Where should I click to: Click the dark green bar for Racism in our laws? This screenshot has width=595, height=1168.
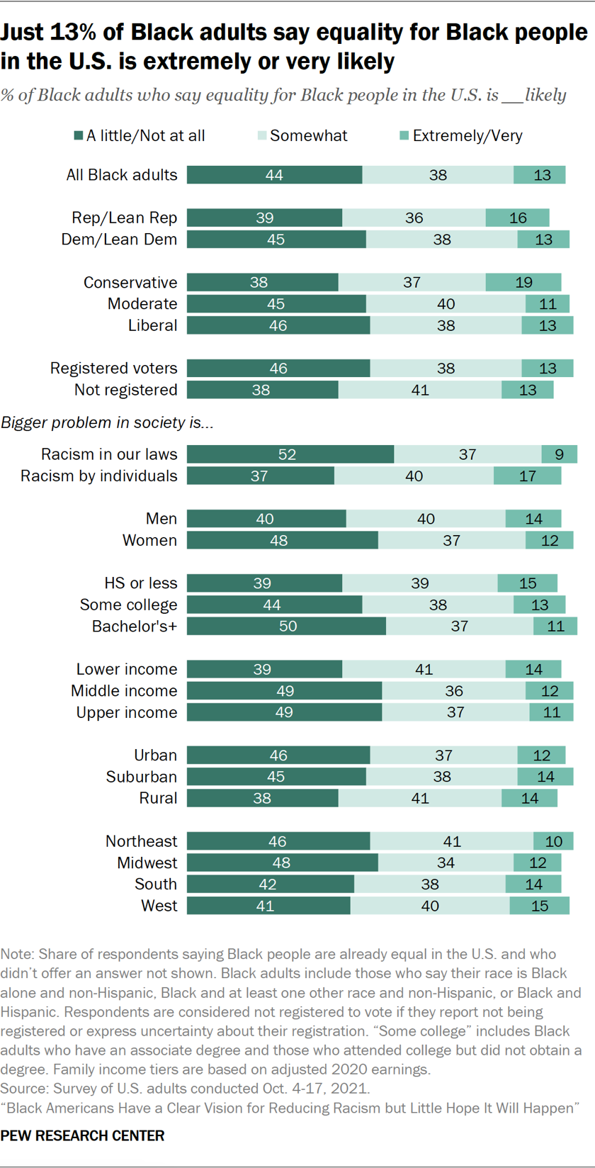coord(290,454)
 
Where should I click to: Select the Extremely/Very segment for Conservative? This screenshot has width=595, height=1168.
coord(523,282)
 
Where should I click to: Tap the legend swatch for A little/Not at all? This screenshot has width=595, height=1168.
coord(78,135)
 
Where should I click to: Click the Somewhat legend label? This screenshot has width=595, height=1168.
coord(309,135)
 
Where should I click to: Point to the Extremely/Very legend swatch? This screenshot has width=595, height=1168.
coord(404,135)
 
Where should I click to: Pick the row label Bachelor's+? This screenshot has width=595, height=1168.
coord(135,626)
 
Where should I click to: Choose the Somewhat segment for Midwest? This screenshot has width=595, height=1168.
coord(446,863)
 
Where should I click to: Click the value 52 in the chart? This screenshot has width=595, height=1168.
coord(287,454)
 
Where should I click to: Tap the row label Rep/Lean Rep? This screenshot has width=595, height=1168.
coord(125,218)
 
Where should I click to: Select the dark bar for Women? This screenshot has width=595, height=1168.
coord(282,540)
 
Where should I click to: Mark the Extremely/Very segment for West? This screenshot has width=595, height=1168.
coord(539,906)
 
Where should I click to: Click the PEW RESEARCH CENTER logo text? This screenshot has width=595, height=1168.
coord(83,1135)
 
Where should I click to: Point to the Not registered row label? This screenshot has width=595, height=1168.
coord(126,390)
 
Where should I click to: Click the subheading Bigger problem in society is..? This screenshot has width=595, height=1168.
coord(108,422)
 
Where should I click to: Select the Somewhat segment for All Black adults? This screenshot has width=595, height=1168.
coord(438,174)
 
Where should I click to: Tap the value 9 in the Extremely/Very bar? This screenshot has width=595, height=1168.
coord(560,454)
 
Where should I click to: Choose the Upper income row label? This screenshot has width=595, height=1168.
coord(127,712)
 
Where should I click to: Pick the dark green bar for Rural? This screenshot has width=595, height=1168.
coord(262,798)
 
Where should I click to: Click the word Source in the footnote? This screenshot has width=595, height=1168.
coord(21,1088)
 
